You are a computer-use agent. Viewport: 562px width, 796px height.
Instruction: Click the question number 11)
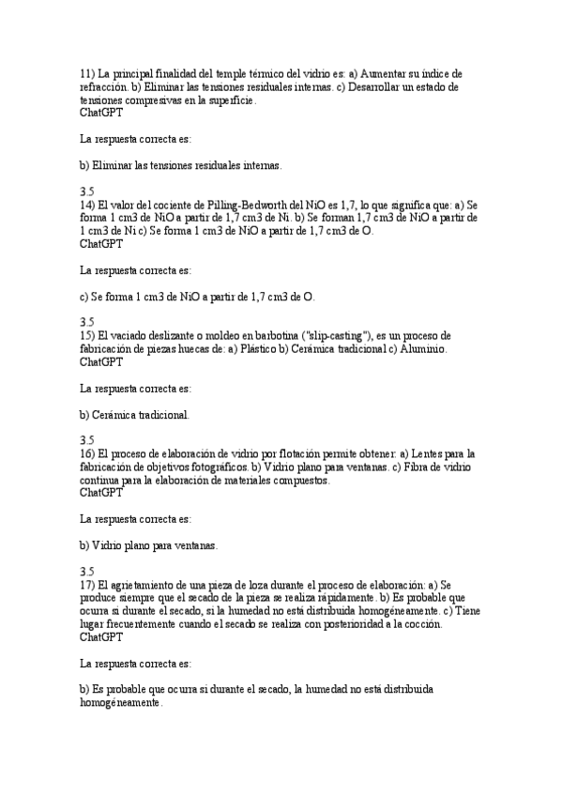[87, 73]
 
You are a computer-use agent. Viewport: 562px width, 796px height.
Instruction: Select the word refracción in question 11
[103, 86]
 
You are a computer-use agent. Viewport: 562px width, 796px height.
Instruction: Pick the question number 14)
[87, 205]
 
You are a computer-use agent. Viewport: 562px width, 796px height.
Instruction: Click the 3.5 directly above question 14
[86, 191]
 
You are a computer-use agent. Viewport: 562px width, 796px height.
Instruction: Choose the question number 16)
[87, 453]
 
